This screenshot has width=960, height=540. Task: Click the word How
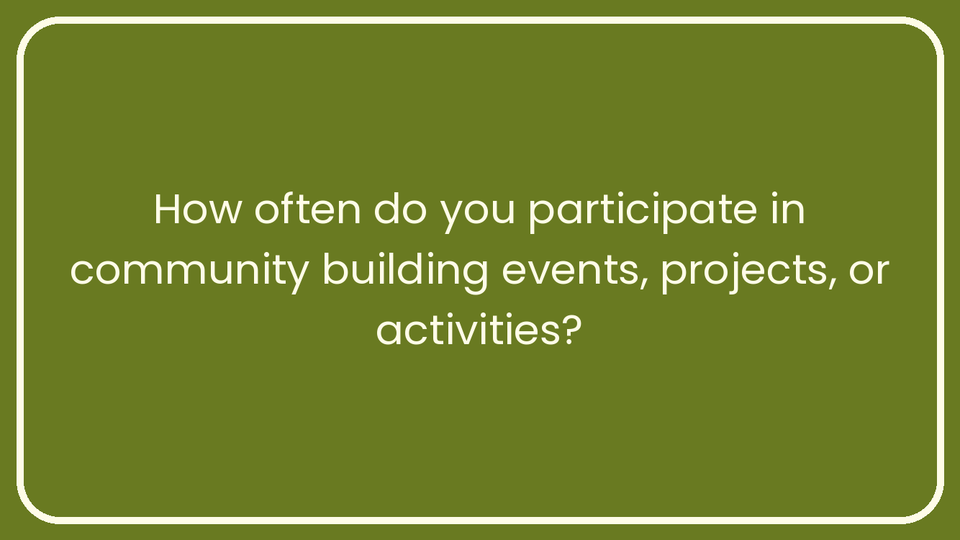click(x=198, y=209)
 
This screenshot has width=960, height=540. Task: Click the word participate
click(x=643, y=212)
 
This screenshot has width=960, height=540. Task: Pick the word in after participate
click(x=788, y=209)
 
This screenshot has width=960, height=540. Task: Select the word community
click(x=189, y=273)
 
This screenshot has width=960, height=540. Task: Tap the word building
click(x=405, y=272)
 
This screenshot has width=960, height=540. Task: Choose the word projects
click(x=743, y=273)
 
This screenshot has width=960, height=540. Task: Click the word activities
click(x=468, y=330)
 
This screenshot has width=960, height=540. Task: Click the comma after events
click(x=643, y=283)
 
